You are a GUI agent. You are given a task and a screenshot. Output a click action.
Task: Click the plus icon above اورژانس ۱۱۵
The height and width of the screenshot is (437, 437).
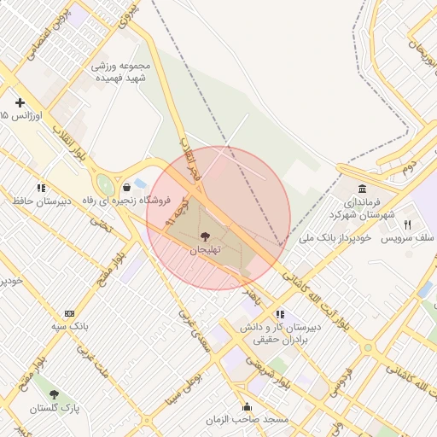[20, 102]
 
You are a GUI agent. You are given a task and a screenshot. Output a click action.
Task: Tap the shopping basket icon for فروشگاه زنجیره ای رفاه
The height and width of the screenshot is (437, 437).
[126, 187]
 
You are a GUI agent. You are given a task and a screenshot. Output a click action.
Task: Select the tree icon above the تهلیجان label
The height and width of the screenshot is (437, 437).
[204, 236]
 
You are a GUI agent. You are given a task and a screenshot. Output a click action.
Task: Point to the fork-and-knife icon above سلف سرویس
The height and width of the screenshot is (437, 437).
[407, 224]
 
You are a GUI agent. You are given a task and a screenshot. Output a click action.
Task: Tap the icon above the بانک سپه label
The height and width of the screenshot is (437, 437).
[69, 313]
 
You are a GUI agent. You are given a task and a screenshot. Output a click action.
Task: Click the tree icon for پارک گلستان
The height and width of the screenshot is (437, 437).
[55, 394]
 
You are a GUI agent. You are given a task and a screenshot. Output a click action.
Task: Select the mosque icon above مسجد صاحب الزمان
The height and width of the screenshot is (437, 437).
[248, 406]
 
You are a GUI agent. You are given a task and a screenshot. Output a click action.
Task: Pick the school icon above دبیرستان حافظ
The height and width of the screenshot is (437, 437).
[40, 188]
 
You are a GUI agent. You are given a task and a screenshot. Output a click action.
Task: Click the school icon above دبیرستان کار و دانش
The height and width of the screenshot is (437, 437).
[280, 313]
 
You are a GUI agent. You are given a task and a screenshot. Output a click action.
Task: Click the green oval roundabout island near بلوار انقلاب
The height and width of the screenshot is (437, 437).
[105, 184]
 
